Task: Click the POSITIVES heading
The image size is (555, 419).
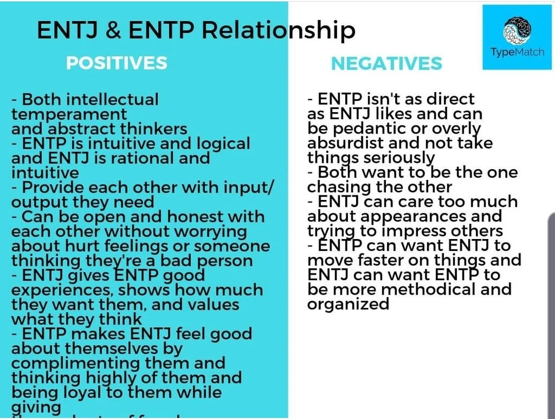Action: click(117, 63)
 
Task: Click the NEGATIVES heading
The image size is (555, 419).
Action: click(386, 63)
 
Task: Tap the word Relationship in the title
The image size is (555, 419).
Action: click(278, 30)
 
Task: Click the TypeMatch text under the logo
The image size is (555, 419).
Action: click(517, 52)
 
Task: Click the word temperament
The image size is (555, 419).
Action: click(69, 114)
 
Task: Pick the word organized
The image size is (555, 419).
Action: click(348, 304)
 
